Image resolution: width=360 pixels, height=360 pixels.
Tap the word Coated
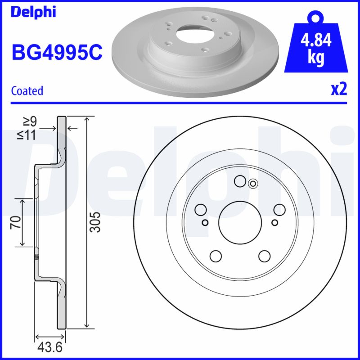tap(27, 90)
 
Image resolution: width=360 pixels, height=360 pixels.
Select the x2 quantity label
tap(339, 90)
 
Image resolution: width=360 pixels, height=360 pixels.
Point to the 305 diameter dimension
tap(95, 222)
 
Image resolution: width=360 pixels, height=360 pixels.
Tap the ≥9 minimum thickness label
tap(30, 121)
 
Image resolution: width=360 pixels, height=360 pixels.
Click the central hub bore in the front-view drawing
tap(239, 221)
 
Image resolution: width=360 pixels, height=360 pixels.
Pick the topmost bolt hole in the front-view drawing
tap(240, 181)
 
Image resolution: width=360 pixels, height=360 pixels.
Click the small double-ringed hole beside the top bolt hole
tap(253, 183)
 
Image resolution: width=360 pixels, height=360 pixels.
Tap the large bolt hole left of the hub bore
tap(201, 209)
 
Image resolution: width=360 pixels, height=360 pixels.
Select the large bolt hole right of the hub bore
tap(279, 210)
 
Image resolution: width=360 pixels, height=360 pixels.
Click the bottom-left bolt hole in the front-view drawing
tap(216, 256)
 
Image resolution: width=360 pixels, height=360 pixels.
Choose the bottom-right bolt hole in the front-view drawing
tap(264, 256)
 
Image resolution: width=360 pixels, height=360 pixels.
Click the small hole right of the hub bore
tap(275, 222)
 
